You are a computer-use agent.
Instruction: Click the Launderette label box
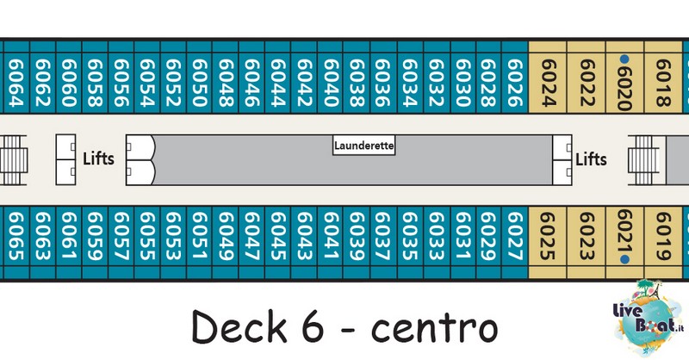coord(363,146)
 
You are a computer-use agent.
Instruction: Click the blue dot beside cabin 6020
coord(624,59)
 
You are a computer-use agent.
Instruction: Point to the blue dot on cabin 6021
coord(624,260)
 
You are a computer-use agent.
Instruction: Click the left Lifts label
coord(98,158)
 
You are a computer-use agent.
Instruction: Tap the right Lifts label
coord(591,159)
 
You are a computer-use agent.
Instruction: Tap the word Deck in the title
coord(239,326)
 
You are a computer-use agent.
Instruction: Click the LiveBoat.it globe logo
coord(649,317)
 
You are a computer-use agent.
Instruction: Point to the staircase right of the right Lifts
coord(643,160)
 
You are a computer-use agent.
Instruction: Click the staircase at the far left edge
coord(13,160)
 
